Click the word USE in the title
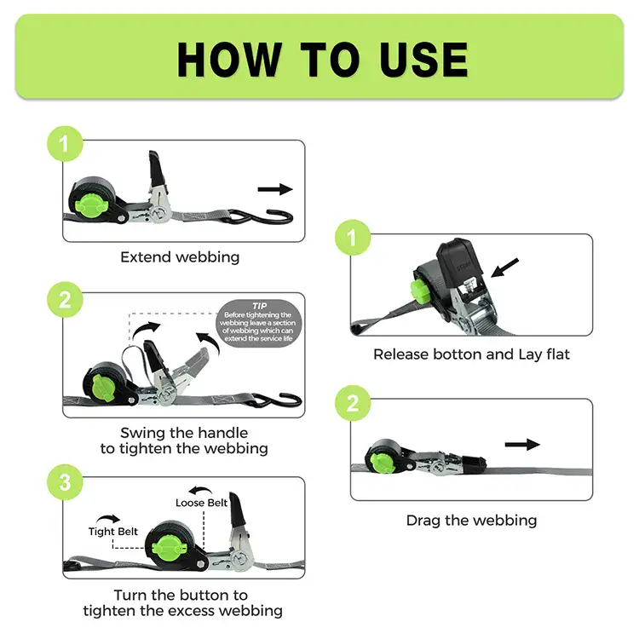(423, 60)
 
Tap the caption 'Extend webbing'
(180, 257)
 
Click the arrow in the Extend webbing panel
(275, 189)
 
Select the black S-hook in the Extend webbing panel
(261, 217)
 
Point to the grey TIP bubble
(259, 324)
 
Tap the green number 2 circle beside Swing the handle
(66, 300)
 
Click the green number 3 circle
(66, 482)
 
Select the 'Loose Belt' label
(201, 503)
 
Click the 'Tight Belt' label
(113, 532)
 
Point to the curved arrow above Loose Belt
(200, 490)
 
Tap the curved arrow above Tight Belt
(108, 518)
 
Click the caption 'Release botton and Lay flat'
(471, 354)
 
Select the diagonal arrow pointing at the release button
(504, 268)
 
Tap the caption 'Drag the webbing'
(471, 521)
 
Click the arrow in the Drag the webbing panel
(522, 444)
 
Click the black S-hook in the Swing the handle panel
(277, 400)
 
